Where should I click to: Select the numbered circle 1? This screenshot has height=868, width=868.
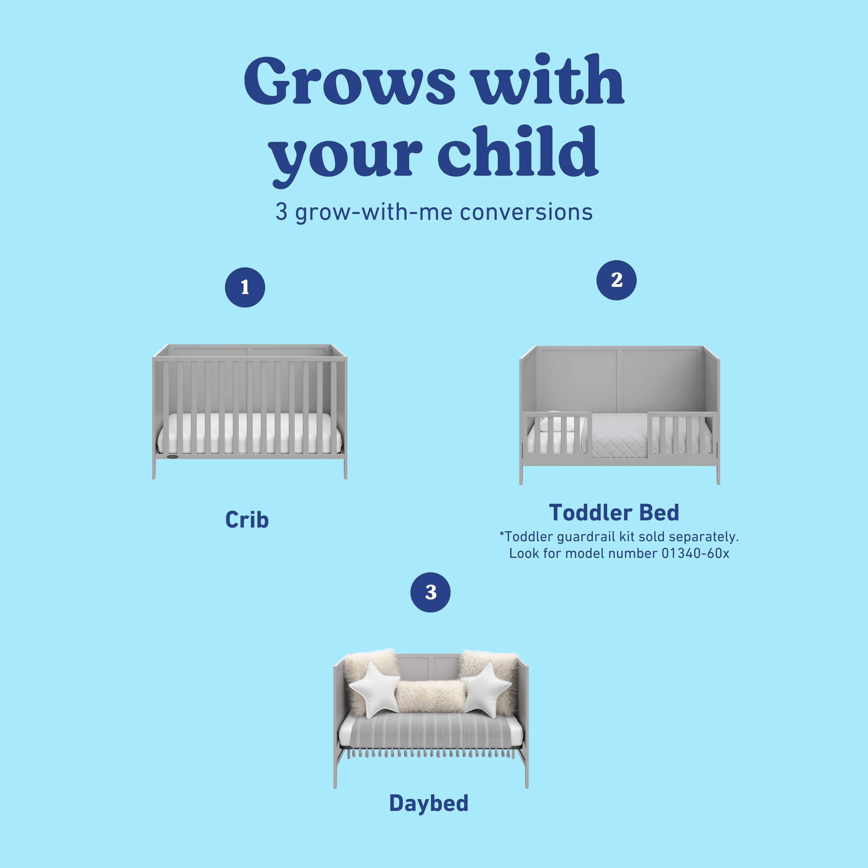pos(245,288)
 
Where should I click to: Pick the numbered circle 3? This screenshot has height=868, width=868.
pos(430,592)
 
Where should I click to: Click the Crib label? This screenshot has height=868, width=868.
pos(247,520)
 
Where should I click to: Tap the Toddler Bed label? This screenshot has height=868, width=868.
pos(614,513)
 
